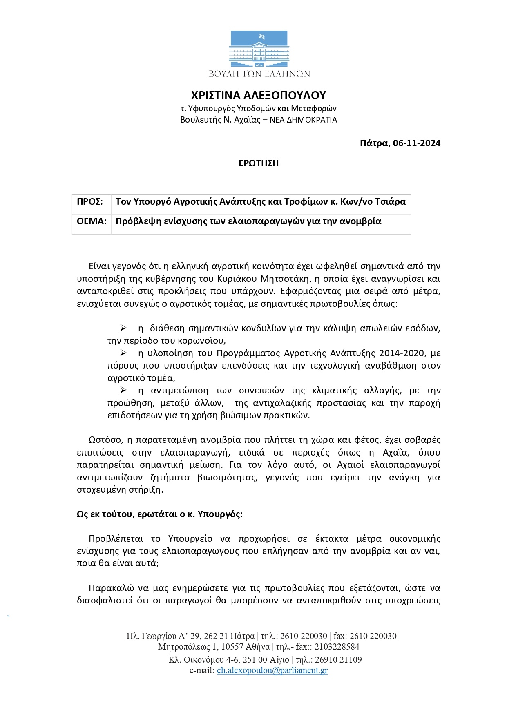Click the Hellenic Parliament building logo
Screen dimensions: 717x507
click(259, 49)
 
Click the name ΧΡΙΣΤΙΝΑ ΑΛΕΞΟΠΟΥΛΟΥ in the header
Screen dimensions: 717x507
click(259, 95)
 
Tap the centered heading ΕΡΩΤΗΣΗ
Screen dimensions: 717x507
click(259, 163)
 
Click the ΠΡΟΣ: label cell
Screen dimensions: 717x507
click(90, 202)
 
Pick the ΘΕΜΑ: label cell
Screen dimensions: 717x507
click(92, 221)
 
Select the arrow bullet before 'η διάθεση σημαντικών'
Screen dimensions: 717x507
click(123, 328)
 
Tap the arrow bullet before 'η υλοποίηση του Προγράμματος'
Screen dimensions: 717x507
click(123, 353)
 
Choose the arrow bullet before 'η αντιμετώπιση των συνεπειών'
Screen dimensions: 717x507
click(123, 391)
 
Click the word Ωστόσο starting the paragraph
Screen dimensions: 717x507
click(105, 440)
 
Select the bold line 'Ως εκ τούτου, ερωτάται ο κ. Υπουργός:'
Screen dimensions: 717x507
click(160, 514)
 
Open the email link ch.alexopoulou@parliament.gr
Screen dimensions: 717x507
click(272, 670)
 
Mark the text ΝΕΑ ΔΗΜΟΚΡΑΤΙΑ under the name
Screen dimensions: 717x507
click(304, 120)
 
